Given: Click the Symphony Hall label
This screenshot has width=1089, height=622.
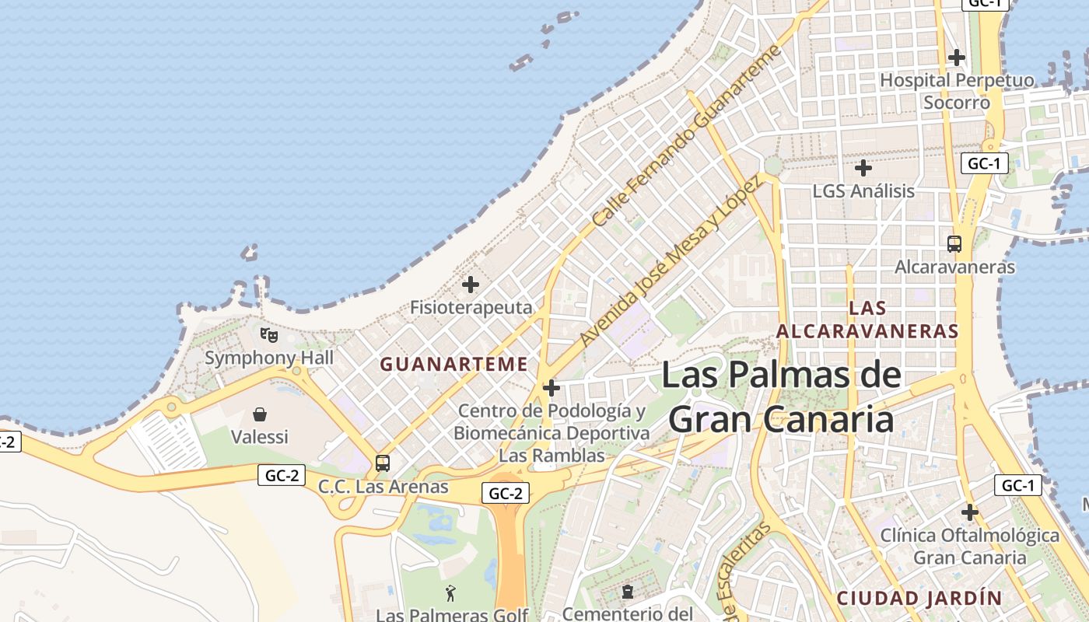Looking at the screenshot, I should (x=269, y=358).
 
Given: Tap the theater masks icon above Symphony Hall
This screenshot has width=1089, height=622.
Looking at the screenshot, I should (x=269, y=335).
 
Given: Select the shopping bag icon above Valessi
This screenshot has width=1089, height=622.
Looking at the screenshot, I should (x=260, y=414).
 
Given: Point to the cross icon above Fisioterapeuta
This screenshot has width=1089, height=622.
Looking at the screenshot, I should (x=471, y=285).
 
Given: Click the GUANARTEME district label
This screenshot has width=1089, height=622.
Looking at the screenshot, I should (x=453, y=364).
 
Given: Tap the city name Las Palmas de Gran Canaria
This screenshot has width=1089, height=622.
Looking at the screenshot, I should (x=781, y=397).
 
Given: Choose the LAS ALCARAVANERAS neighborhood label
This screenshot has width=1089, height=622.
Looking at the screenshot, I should (x=867, y=320).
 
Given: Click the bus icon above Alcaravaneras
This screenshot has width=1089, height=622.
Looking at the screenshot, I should (x=954, y=243).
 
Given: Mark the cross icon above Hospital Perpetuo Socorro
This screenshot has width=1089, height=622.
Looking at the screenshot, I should (x=957, y=58).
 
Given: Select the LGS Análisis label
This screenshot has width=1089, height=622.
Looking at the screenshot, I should (x=863, y=190).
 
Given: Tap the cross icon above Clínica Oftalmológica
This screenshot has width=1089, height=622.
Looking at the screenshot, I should (x=969, y=512).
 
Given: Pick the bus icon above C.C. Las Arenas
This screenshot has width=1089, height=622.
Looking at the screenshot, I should (x=383, y=463).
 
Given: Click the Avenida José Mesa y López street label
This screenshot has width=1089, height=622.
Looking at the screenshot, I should (x=670, y=261).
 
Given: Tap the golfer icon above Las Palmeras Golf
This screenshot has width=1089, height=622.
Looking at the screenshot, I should (x=450, y=594).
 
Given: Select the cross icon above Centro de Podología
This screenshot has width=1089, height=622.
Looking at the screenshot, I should (x=552, y=388).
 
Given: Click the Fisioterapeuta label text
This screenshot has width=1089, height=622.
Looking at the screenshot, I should (x=471, y=308).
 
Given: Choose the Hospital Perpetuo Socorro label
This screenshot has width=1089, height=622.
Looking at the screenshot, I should (x=957, y=91).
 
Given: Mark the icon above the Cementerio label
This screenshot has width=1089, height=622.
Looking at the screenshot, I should (x=627, y=592).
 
